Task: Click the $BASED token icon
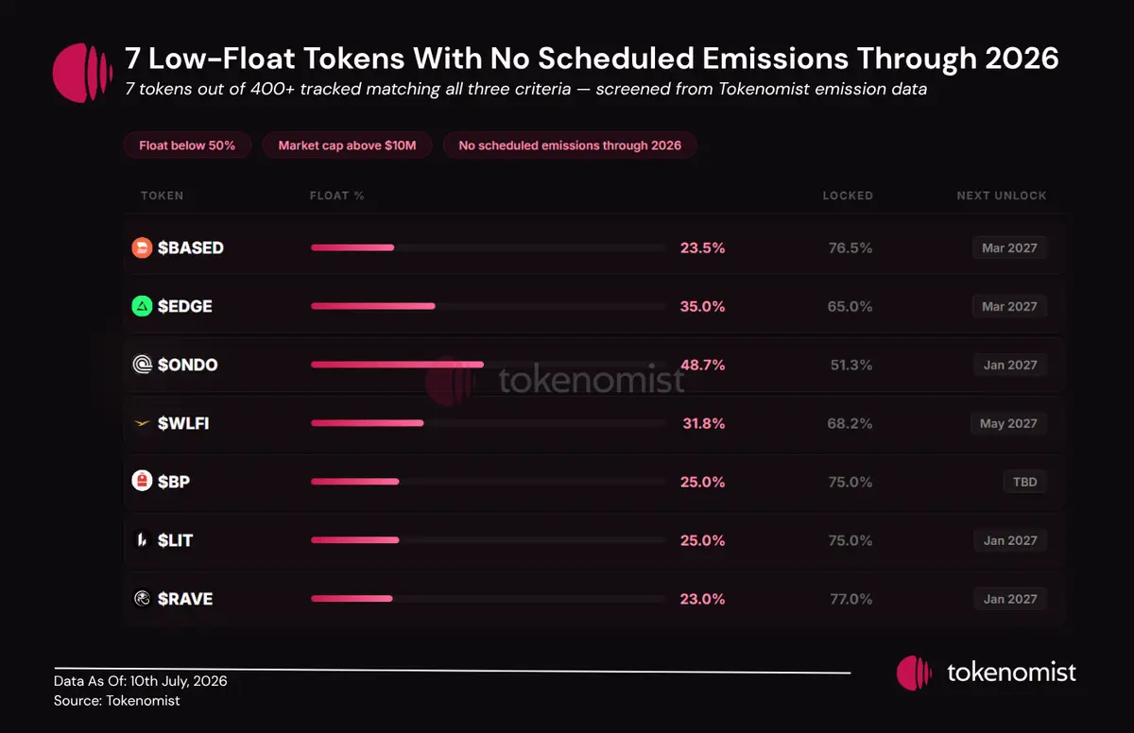point(142,247)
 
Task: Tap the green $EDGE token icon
point(142,306)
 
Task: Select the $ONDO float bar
point(398,365)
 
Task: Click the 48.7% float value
point(703,365)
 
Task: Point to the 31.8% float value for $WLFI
point(704,423)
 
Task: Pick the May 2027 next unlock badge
point(1008,423)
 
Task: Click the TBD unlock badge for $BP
point(1025,482)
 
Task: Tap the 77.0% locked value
point(851,599)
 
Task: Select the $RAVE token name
point(185,599)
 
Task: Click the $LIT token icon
point(142,540)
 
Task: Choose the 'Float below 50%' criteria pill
point(187,145)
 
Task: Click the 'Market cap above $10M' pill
point(348,145)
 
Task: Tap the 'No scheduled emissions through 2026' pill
point(570,145)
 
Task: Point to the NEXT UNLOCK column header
point(1002,196)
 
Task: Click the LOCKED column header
point(848,196)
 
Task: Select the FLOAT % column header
point(337,196)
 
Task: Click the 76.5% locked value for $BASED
point(850,247)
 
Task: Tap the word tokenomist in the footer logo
point(1011,673)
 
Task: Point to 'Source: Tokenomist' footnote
point(117,701)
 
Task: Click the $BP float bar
point(355,482)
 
